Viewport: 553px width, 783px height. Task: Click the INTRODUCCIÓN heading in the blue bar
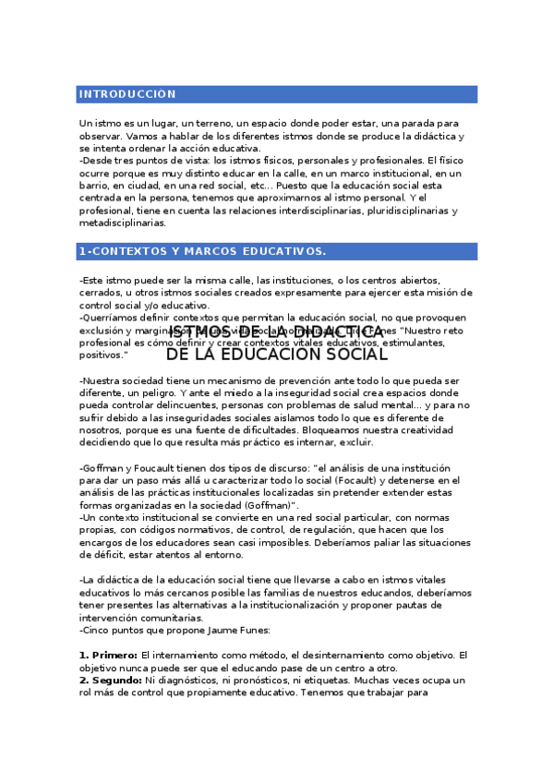[127, 94]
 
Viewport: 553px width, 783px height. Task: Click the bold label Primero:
[108, 655]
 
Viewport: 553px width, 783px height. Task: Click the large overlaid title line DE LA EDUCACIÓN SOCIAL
[277, 355]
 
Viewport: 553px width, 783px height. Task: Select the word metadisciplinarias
[123, 223]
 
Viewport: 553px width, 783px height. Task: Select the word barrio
[97, 185]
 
